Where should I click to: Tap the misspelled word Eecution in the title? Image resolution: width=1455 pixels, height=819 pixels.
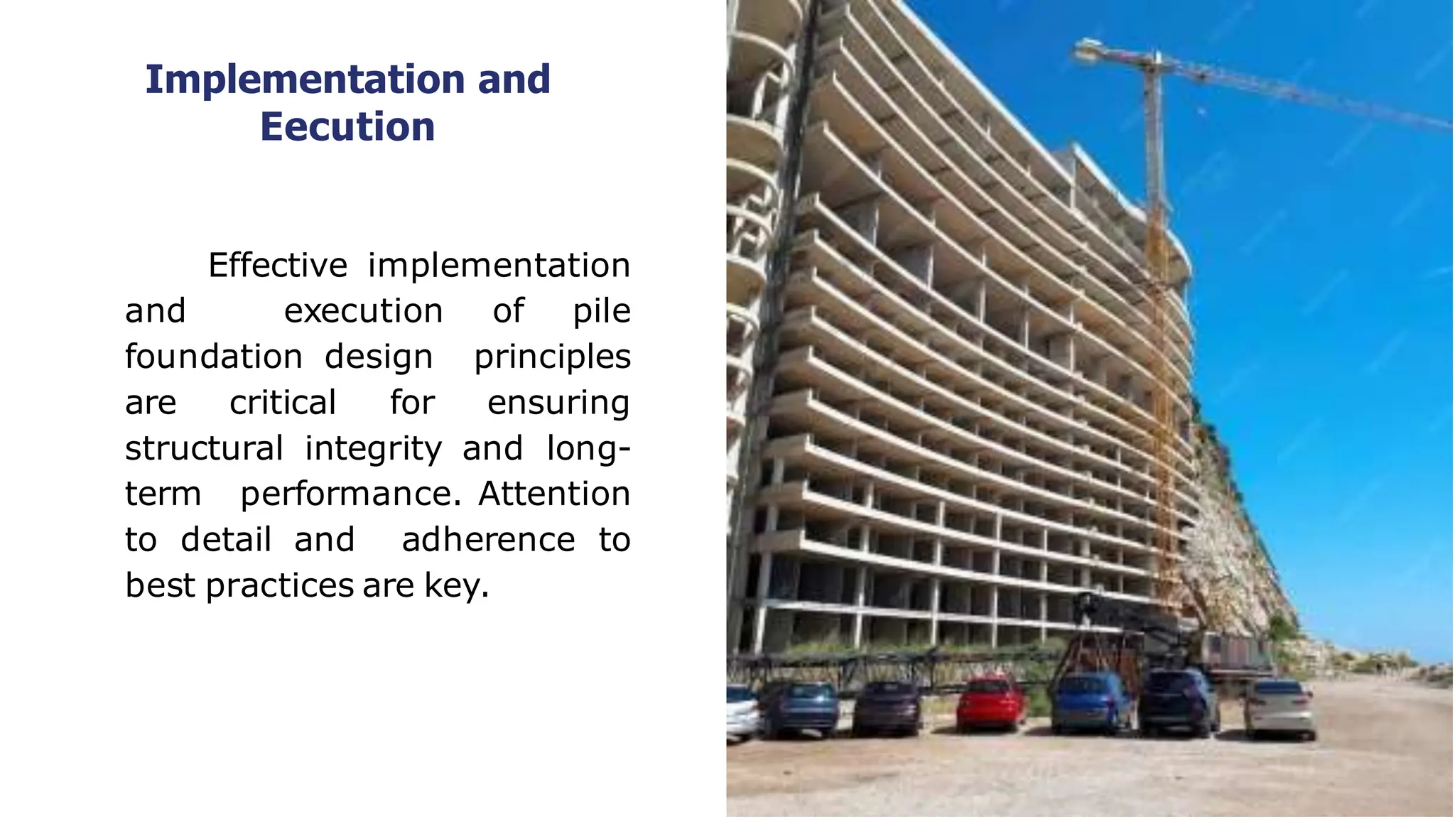(347, 127)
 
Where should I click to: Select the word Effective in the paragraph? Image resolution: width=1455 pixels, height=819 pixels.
(278, 266)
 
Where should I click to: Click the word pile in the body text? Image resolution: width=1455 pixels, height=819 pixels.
(602, 311)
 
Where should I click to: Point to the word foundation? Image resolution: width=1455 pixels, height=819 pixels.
(214, 357)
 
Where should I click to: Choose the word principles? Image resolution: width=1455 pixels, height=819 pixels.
(552, 357)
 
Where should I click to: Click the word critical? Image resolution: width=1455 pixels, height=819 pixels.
(283, 403)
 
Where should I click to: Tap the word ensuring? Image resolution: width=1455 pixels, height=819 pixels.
(558, 403)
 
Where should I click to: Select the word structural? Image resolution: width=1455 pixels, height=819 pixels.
(205, 448)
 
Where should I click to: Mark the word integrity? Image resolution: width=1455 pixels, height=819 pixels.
(374, 448)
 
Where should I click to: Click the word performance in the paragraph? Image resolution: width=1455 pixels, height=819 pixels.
(351, 494)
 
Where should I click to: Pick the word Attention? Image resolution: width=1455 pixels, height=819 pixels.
(554, 494)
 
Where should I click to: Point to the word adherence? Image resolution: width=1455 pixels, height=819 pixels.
(489, 540)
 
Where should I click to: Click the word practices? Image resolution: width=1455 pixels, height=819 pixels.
(280, 586)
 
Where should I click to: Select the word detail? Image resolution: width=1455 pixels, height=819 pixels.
(227, 540)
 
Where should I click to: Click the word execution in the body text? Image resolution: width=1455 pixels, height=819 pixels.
(364, 311)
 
